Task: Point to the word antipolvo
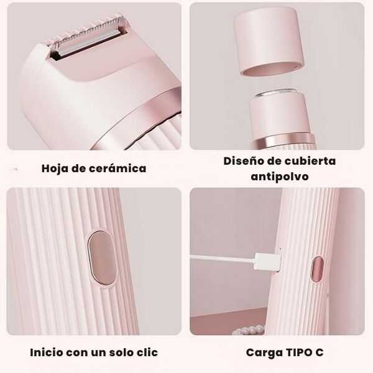(x=279, y=177)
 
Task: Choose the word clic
(x=146, y=352)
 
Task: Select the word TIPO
(x=300, y=352)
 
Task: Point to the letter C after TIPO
(x=320, y=352)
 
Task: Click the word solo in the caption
(x=117, y=352)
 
